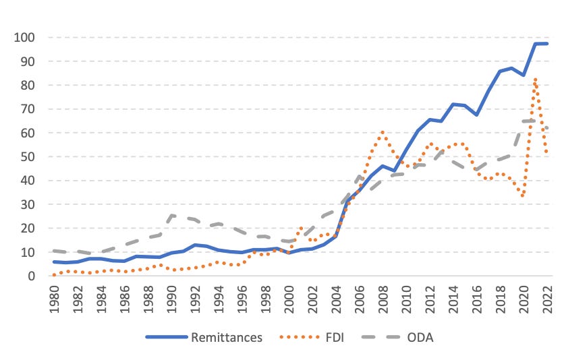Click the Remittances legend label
point(227,338)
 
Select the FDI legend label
point(335,338)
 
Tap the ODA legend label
point(420,338)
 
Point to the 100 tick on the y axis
point(24,37)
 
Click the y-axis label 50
point(28,156)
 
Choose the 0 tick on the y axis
point(32,276)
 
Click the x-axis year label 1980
point(54,299)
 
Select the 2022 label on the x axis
point(548,299)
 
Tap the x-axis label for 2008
point(383,299)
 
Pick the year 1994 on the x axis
point(219,299)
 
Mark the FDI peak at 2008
point(383,132)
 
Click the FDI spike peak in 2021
point(535,79)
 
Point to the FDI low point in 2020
point(523,196)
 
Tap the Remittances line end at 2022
point(547,44)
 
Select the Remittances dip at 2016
point(477,115)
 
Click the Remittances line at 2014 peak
point(453,104)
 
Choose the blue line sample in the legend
point(167,337)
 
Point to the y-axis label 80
point(28,85)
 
